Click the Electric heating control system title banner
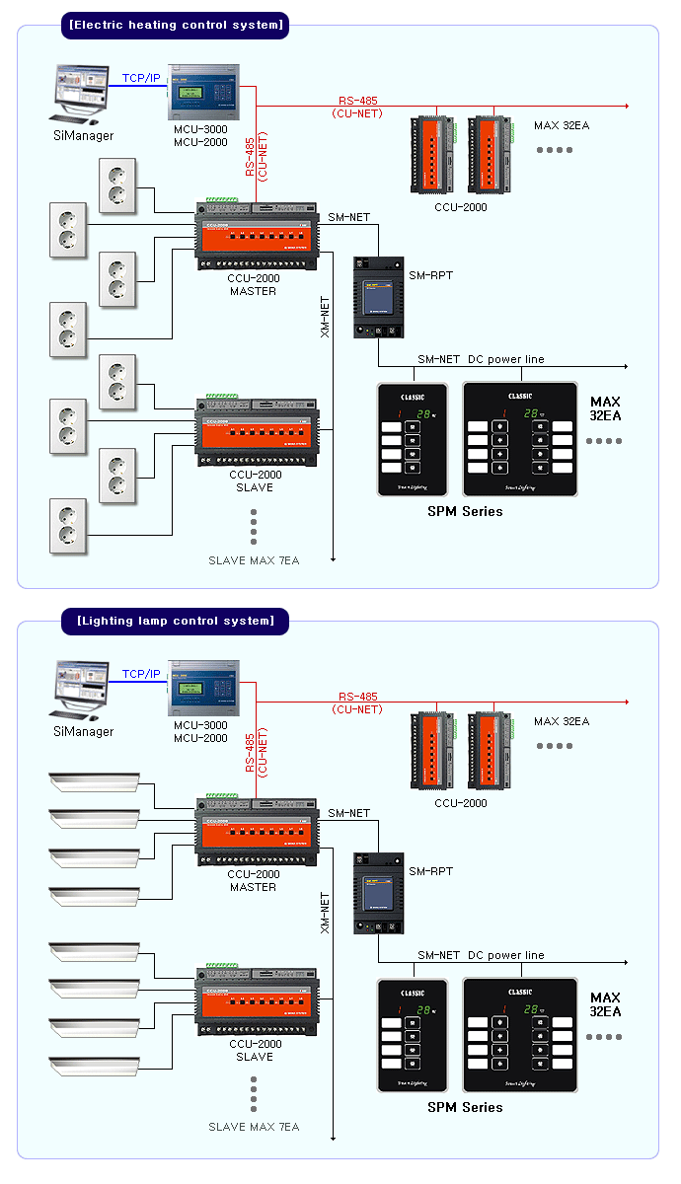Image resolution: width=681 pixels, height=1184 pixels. pos(175,25)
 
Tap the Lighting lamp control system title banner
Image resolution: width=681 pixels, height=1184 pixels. pos(175,621)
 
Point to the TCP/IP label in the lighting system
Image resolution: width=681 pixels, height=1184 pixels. pos(141,674)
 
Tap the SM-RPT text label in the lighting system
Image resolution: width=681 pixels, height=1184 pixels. pos(431,871)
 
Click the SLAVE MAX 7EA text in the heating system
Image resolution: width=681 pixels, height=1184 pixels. pos(254,560)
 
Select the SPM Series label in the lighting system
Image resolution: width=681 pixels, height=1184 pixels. pos(465,1107)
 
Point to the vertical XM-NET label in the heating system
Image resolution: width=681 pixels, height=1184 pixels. pos(326,317)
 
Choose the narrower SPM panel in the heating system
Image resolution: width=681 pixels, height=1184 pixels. pos(412,438)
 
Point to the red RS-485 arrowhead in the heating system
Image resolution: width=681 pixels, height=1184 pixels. pos(626,105)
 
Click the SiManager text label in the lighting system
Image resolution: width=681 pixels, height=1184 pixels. pos(83,732)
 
